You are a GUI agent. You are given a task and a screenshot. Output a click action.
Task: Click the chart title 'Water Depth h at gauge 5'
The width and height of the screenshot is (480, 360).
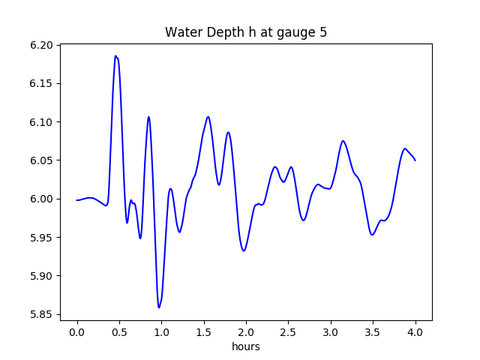click(246, 32)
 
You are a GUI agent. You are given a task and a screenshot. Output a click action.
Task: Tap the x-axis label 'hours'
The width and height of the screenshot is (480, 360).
click(246, 346)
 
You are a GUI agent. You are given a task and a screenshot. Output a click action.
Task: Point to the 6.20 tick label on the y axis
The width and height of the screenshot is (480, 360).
click(42, 46)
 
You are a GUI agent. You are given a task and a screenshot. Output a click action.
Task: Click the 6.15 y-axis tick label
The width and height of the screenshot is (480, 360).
click(42, 84)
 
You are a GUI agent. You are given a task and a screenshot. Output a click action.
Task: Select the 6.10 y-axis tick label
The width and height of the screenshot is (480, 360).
click(42, 122)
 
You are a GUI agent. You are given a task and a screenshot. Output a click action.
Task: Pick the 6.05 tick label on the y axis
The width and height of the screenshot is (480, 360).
click(42, 160)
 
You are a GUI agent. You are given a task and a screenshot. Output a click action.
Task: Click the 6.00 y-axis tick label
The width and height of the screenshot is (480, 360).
click(42, 199)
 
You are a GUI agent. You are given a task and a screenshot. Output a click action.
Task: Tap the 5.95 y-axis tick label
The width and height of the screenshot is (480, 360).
click(42, 238)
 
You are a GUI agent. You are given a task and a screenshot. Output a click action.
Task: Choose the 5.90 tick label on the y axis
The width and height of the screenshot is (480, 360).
click(42, 276)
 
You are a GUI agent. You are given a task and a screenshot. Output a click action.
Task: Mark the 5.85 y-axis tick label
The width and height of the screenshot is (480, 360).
click(42, 314)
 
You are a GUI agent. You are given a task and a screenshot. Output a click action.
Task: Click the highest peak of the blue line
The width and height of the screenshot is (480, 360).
click(116, 55)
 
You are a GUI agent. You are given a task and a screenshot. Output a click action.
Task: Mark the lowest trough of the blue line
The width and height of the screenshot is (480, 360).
click(159, 307)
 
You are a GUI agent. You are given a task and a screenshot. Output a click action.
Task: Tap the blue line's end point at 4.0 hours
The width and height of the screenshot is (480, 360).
click(415, 160)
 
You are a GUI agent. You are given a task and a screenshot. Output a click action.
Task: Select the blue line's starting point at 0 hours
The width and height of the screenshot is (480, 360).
click(77, 200)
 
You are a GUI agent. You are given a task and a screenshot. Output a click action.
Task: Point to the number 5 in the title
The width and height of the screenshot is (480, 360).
click(323, 32)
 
